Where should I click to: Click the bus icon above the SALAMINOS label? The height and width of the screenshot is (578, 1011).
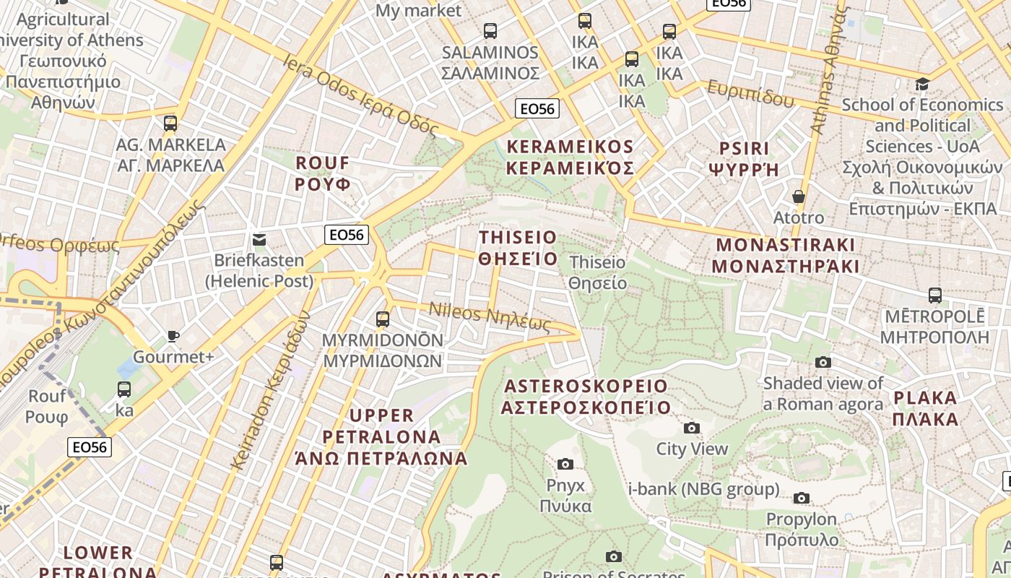click(490, 31)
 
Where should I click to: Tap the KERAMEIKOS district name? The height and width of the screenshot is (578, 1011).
click(570, 158)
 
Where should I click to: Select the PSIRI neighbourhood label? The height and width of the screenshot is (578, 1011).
click(745, 159)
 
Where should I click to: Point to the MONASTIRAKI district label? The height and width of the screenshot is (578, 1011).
click(785, 255)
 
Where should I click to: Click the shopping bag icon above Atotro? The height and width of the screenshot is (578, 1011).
click(799, 197)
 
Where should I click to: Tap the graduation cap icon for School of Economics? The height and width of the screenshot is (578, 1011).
click(921, 85)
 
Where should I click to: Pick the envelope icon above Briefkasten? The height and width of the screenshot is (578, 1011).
click(259, 240)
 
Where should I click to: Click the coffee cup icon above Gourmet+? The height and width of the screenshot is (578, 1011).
click(173, 336)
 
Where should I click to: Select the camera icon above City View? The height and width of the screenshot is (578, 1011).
click(692, 428)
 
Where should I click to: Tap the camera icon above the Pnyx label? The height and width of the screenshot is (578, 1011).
click(565, 464)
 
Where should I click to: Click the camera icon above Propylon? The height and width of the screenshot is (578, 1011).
click(801, 499)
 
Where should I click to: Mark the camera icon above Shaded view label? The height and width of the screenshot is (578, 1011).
click(823, 363)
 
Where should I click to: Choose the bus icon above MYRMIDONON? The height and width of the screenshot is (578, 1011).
click(383, 319)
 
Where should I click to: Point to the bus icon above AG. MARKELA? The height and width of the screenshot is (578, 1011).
click(170, 124)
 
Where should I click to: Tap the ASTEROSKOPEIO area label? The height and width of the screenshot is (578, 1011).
click(586, 397)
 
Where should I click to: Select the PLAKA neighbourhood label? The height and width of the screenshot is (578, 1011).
click(925, 408)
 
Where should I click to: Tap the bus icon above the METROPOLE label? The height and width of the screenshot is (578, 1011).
click(935, 296)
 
